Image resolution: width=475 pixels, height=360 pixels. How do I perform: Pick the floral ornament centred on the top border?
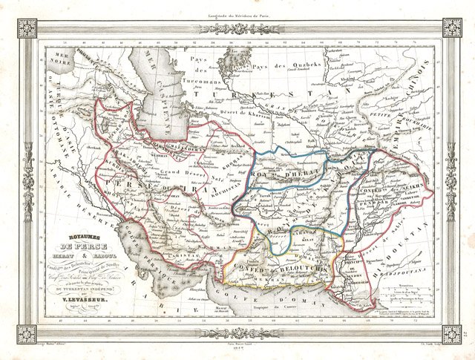coord(237,24)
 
